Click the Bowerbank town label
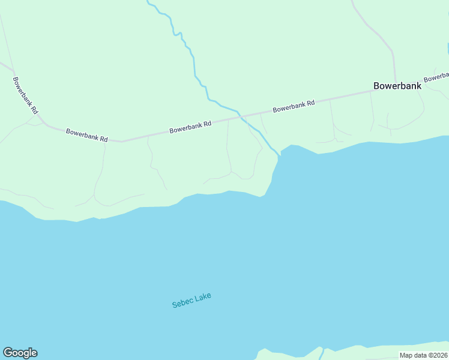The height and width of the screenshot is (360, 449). (397, 86)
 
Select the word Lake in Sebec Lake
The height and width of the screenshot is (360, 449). (203, 297)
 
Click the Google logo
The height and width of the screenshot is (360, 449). (20, 353)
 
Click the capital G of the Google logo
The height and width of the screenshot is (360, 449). (8, 353)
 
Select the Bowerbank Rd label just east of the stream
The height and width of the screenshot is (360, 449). (294, 107)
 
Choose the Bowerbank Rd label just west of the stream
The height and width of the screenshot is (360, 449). (190, 127)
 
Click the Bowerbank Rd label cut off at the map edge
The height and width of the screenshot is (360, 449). (437, 77)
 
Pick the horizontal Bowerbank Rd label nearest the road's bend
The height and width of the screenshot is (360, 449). (86, 134)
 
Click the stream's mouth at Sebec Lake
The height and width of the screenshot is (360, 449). (279, 155)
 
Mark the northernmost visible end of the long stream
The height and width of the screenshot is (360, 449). (148, 2)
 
